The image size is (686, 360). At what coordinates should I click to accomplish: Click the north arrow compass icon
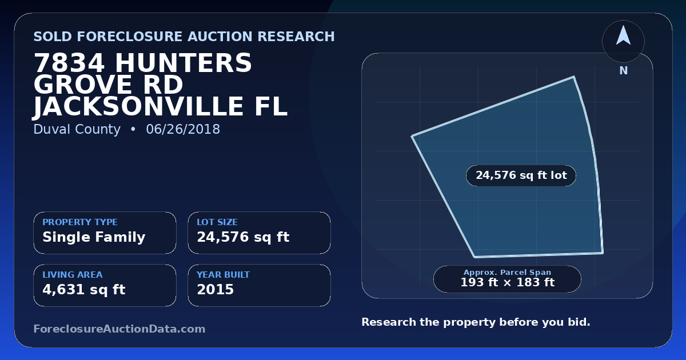[623, 41]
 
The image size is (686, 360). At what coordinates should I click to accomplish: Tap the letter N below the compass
[624, 71]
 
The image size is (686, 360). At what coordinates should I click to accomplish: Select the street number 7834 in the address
[70, 63]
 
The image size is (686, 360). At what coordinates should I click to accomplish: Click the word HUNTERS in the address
[183, 63]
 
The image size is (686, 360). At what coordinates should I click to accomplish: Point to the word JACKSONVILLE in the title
[138, 106]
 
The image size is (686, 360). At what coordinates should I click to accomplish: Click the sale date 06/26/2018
[183, 129]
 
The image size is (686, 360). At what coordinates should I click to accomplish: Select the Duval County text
[77, 129]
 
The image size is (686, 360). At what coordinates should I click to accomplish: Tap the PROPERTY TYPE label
[80, 222]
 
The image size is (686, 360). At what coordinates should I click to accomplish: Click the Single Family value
[94, 237]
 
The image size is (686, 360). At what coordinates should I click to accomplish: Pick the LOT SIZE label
[217, 222]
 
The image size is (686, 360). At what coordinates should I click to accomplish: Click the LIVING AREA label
[73, 275]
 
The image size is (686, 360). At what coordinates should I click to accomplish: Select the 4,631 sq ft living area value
[84, 290]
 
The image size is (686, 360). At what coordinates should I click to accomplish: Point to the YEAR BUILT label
[224, 275]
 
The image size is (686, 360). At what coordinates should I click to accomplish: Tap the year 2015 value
[216, 290]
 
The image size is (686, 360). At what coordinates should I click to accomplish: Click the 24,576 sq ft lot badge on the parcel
[521, 175]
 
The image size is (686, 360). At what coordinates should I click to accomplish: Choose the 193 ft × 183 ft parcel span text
[508, 282]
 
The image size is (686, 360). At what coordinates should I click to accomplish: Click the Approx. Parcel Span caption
[508, 272]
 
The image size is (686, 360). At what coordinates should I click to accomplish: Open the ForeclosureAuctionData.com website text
[119, 329]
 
